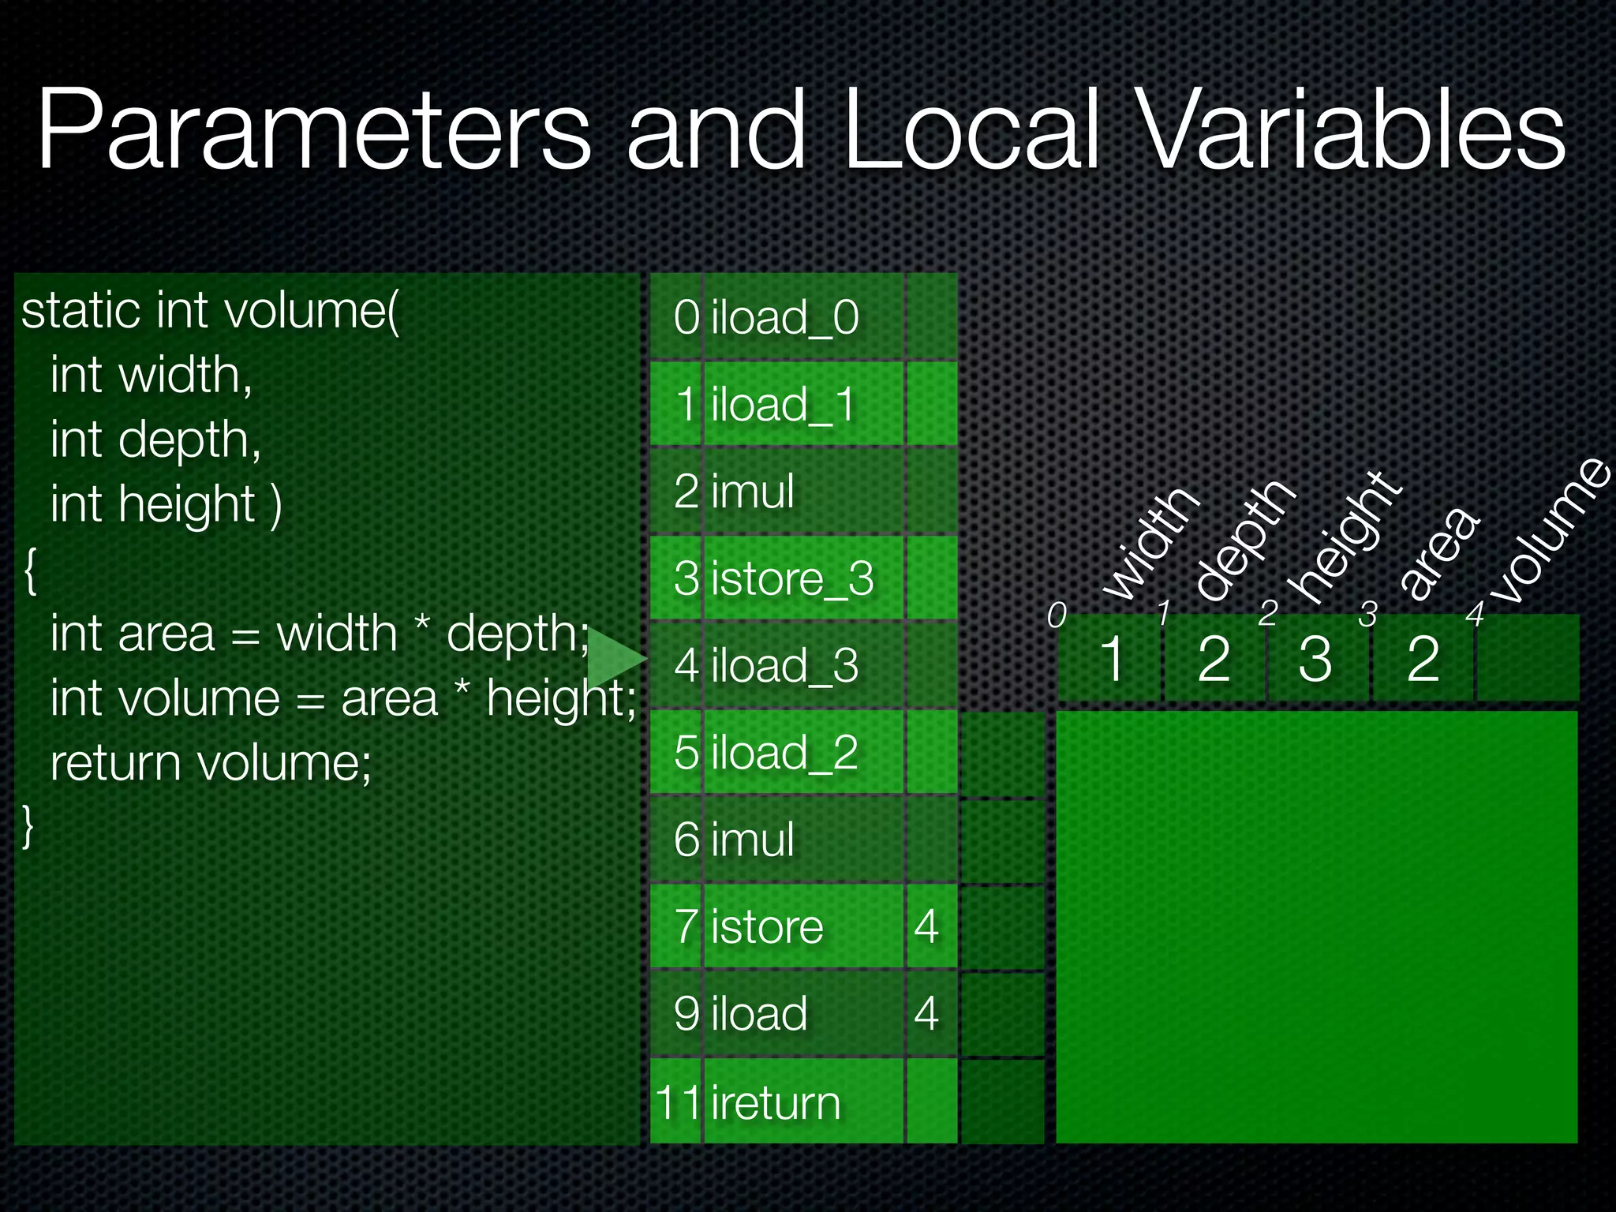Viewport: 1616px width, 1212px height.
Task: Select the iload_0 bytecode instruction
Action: point(784,317)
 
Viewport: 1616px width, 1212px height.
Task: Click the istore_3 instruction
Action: point(792,578)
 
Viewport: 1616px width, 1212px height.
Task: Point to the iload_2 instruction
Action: point(784,752)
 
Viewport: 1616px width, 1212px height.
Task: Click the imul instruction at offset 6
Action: point(753,839)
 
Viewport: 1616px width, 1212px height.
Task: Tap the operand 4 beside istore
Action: point(926,926)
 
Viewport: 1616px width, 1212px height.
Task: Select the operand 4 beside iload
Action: point(926,1014)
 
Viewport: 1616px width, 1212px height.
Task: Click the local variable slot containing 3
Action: point(1315,658)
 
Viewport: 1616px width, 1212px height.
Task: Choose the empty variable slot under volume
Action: point(1527,658)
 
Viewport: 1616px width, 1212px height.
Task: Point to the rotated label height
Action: point(1345,537)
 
